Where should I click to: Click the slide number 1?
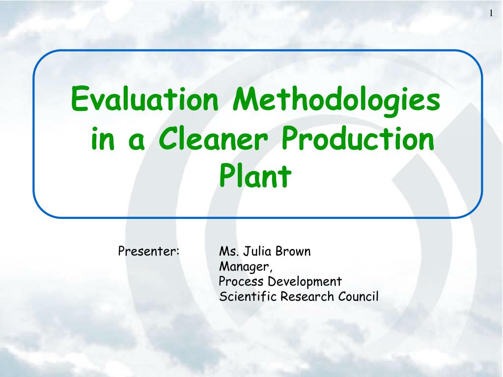pos(490,13)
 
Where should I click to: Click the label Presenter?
pos(149,252)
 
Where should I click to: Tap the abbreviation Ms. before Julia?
pos(228,252)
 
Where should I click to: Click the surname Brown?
pos(293,252)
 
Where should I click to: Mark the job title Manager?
pos(246,267)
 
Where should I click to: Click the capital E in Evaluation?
pos(79,98)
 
